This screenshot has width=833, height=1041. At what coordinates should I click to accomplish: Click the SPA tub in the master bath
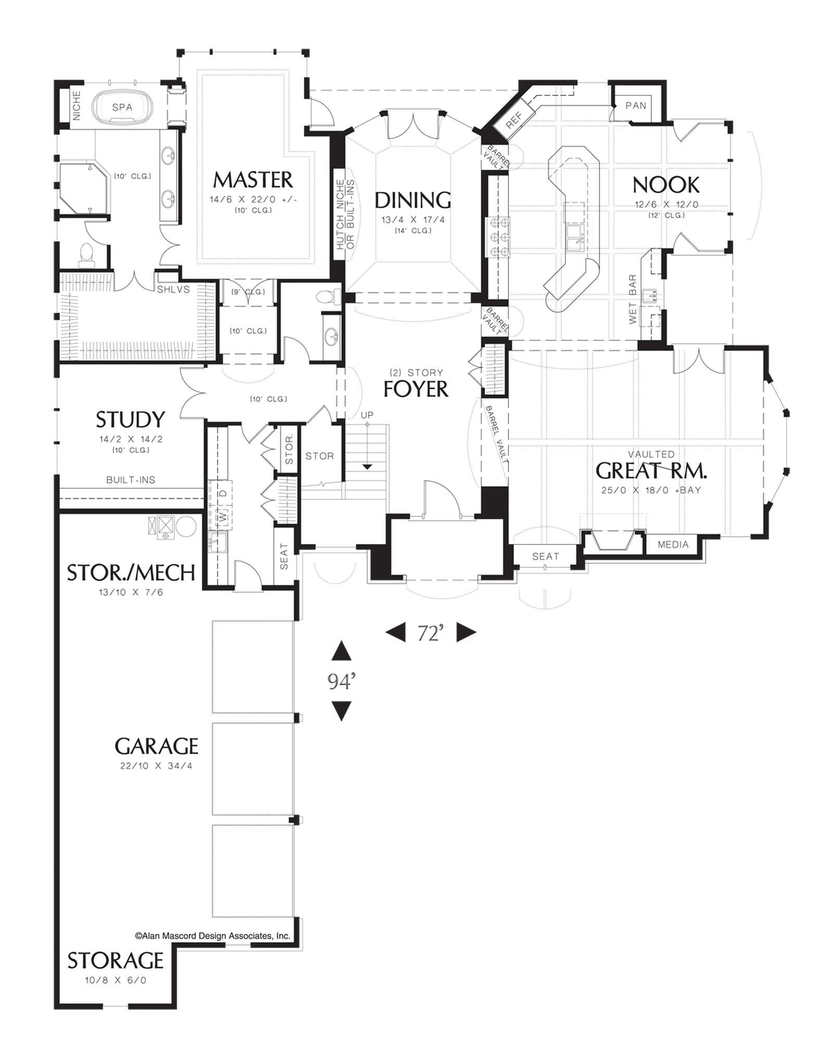(122, 107)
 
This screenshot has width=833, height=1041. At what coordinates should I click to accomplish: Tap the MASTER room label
(253, 180)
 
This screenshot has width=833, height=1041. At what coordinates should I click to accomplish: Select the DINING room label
(413, 200)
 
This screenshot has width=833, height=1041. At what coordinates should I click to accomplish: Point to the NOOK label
(666, 185)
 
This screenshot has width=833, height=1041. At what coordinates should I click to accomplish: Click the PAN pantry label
(636, 106)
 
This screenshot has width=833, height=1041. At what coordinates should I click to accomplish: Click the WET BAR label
(633, 299)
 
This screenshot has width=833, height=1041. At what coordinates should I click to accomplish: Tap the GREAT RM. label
(651, 471)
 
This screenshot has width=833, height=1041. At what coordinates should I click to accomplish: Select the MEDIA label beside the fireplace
(673, 544)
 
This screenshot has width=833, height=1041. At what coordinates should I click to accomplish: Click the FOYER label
(415, 389)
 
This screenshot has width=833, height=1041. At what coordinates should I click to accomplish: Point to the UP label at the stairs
(367, 415)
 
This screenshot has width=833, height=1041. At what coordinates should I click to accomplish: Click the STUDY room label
(130, 420)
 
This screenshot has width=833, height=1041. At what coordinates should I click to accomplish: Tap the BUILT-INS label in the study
(131, 480)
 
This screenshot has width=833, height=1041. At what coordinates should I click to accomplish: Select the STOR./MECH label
(131, 573)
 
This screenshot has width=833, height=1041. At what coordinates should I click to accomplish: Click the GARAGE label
(156, 746)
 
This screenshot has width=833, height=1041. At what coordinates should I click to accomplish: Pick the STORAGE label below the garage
(116, 961)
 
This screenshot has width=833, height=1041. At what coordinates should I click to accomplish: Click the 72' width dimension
(431, 633)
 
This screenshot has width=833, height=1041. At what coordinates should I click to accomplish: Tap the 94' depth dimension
(342, 681)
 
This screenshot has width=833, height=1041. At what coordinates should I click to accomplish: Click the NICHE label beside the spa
(77, 106)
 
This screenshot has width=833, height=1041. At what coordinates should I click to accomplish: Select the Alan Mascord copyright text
(212, 936)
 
